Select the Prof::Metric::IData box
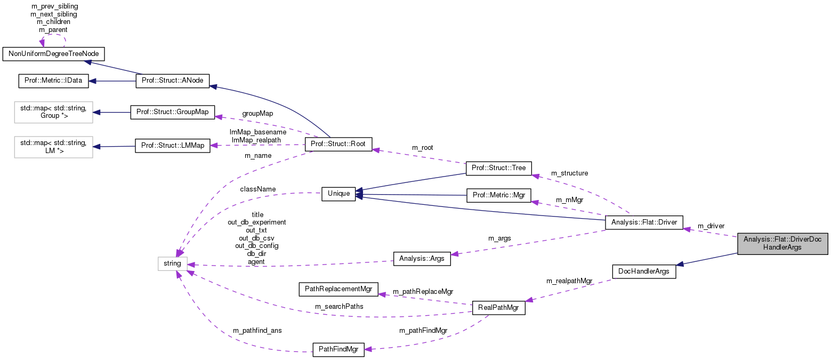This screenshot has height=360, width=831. pyautogui.click(x=53, y=81)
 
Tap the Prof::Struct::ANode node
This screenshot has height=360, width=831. pyautogui.click(x=173, y=81)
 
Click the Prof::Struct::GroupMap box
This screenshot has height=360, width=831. pyautogui.click(x=173, y=113)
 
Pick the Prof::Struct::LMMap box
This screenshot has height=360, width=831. pyautogui.click(x=173, y=146)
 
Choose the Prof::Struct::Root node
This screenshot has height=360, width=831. pyautogui.click(x=337, y=145)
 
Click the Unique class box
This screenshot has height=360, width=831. pyautogui.click(x=338, y=194)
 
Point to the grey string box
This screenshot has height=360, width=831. pyautogui.click(x=173, y=263)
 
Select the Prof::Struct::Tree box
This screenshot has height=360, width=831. pyautogui.click(x=499, y=168)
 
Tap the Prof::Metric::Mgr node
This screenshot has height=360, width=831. pyautogui.click(x=499, y=195)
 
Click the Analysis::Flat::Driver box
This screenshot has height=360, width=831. pyautogui.click(x=644, y=222)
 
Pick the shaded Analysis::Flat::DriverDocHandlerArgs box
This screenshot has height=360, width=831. pyautogui.click(x=782, y=244)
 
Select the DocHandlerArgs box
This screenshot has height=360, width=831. pyautogui.click(x=644, y=271)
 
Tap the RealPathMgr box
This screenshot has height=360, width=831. pyautogui.click(x=499, y=308)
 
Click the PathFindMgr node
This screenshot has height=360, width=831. pyautogui.click(x=338, y=350)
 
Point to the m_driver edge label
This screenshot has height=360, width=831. pyautogui.click(x=711, y=226)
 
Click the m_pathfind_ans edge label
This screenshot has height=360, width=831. pyautogui.click(x=257, y=330)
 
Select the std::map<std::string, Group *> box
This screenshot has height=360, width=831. pyautogui.click(x=53, y=113)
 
